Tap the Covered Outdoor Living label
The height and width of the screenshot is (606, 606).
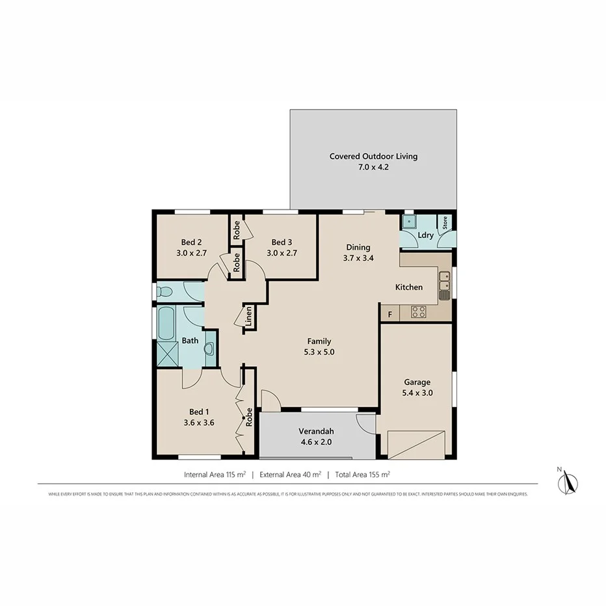[373, 156]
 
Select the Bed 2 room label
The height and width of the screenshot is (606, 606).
[191, 242]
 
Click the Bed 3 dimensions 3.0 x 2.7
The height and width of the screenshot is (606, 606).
[282, 254]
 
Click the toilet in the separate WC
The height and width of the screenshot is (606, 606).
[165, 291]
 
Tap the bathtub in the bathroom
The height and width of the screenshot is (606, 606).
[166, 324]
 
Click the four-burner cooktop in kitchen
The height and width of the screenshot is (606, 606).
[419, 312]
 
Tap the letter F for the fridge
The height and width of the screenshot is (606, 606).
[389, 315]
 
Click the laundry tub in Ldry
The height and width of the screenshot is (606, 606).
[409, 223]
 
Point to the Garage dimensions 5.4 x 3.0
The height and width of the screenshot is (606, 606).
[417, 393]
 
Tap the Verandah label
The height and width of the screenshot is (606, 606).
[316, 431]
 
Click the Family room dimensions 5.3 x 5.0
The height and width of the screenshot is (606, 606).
[319, 352]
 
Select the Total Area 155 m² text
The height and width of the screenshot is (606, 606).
[362, 475]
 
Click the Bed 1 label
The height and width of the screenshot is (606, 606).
[199, 412]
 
